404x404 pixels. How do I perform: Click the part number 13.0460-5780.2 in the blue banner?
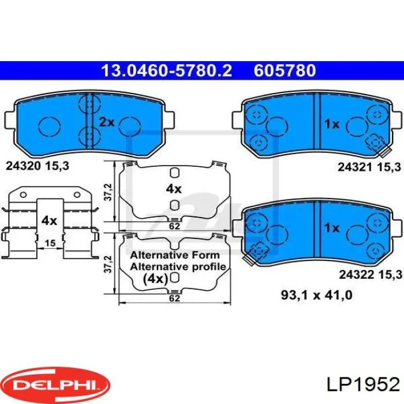[x=167, y=70]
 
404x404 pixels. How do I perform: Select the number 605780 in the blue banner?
[x=285, y=70]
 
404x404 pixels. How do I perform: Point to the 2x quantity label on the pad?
[x=106, y=122]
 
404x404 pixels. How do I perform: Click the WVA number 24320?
[x=23, y=166]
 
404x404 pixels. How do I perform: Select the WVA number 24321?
[x=356, y=167]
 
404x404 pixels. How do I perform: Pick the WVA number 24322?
[x=356, y=275]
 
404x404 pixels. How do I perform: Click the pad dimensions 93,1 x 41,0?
[x=317, y=295]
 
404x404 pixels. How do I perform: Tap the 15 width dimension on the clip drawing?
[x=50, y=243]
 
